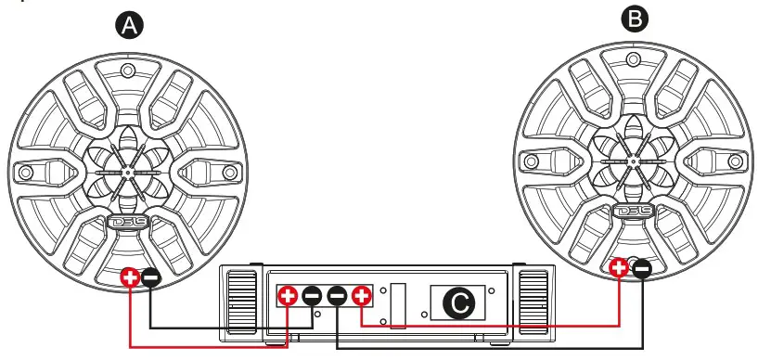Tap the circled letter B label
[633, 19]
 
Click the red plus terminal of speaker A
[130, 276]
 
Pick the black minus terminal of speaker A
[150, 276]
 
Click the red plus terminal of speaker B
[621, 269]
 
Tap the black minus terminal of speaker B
[641, 269]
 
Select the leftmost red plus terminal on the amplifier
[289, 296]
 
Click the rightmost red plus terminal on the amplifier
[362, 296]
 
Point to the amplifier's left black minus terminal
[313, 296]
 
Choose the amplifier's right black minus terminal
[338, 296]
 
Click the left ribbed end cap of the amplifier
[239, 303]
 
